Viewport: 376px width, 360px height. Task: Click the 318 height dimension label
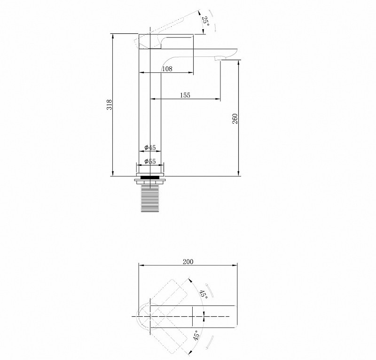110,105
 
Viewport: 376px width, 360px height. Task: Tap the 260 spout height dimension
235,118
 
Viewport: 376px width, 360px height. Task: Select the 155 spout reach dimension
185,95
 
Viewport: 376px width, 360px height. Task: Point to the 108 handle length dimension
167,69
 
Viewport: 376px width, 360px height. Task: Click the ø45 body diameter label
150,147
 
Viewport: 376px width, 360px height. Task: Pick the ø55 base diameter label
150,161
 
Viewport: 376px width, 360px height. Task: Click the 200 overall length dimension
188,262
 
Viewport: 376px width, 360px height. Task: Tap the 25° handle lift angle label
205,22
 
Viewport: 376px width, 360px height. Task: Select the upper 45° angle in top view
204,294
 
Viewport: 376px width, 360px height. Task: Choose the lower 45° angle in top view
196,335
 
